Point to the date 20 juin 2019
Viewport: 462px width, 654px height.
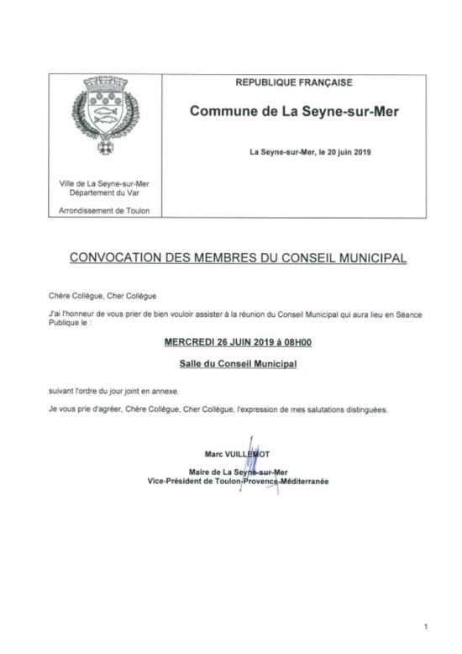tap(351, 152)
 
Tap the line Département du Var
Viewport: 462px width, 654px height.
tap(105, 192)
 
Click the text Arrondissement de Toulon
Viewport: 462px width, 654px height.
tap(105, 209)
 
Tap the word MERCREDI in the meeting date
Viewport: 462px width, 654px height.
tap(188, 344)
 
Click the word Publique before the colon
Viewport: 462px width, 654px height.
tap(66, 320)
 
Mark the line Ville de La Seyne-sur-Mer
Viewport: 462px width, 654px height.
tap(105, 183)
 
